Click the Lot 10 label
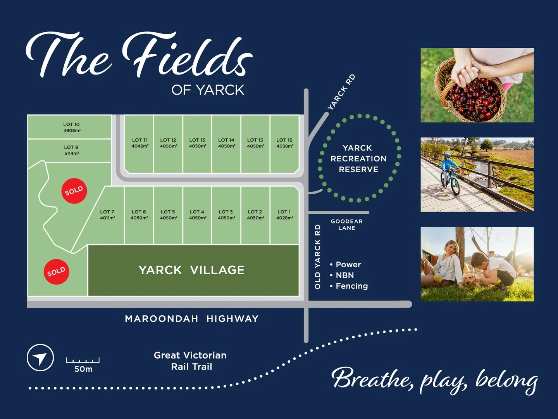[72, 125]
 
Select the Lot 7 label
[107, 212]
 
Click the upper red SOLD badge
[74, 190]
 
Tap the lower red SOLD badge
[57, 272]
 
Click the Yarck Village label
[191, 270]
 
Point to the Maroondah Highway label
[191, 319]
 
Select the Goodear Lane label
[347, 224]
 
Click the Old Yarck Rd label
[318, 256]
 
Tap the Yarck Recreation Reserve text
[358, 159]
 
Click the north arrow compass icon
[40, 357]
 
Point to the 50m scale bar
[83, 360]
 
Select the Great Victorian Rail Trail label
[190, 361]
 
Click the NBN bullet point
[344, 275]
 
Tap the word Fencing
[351, 286]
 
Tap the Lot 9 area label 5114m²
[72, 154]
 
